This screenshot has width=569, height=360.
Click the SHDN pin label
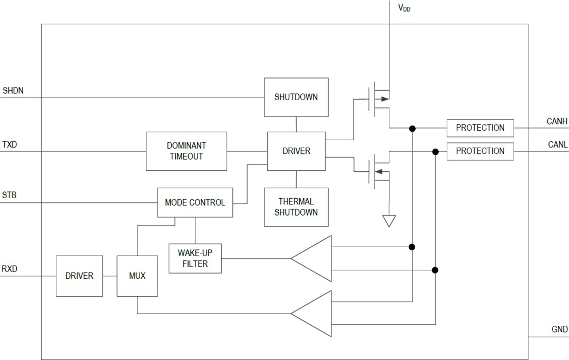(13, 91)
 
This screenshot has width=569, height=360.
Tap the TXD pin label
(11, 144)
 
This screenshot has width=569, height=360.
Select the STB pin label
(9, 195)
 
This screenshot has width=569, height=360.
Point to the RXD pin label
(10, 269)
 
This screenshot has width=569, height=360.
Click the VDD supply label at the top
(404, 8)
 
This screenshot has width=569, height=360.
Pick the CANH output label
(557, 121)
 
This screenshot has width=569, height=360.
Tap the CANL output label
(557, 144)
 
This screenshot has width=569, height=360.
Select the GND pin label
(560, 329)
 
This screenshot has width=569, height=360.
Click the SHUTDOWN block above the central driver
(296, 97)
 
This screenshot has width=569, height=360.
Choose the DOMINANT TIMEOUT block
(186, 151)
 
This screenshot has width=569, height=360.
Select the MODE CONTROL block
(195, 202)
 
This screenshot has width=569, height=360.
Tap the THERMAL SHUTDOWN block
(296, 207)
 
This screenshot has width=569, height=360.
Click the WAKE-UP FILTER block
(195, 258)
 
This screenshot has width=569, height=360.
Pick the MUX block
(137, 276)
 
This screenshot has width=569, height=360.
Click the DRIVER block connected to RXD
(79, 276)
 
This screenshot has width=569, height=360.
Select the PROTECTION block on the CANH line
(480, 128)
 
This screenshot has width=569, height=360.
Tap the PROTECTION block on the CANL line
(480, 151)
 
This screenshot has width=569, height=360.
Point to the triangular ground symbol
(389, 221)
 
